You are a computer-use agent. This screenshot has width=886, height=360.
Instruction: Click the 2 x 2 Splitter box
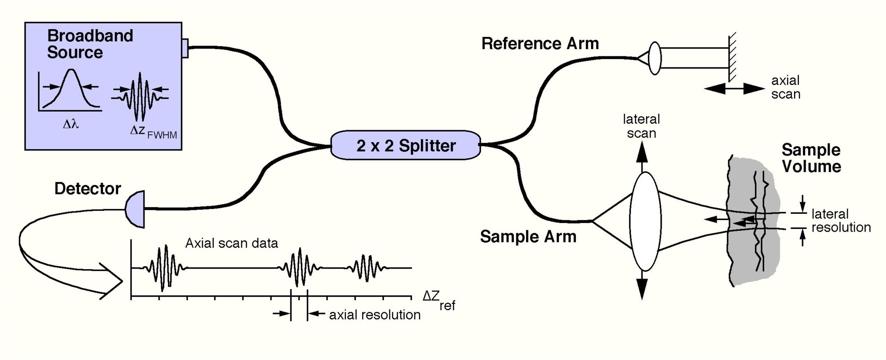pos(406,145)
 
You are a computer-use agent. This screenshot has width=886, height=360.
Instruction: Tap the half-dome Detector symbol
pos(136,209)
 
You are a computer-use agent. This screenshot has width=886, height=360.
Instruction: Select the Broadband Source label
pos(90,44)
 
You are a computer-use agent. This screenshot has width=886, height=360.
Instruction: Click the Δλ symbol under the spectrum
pos(71,124)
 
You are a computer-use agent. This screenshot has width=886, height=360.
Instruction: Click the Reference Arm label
pos(540,44)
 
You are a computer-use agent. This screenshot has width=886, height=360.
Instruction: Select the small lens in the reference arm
pos(654,58)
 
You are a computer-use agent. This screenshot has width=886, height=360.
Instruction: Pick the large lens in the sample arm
pos(645,221)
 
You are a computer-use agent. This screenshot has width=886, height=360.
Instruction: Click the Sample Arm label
pos(528,236)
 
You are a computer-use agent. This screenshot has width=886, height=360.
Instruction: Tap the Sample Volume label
pos(811,158)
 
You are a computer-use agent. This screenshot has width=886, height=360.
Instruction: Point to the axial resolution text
pos(374,315)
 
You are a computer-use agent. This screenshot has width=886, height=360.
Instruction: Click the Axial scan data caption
pos(232,243)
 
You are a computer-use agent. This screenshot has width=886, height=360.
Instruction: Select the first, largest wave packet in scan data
pos(163,268)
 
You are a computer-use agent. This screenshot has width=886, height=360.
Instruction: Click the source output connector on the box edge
pos(185,48)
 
